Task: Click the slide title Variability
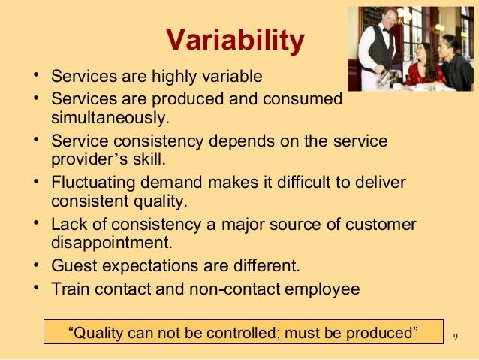coord(234,42)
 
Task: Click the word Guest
coord(71,265)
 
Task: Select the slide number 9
coord(456,336)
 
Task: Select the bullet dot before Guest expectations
coord(36,265)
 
